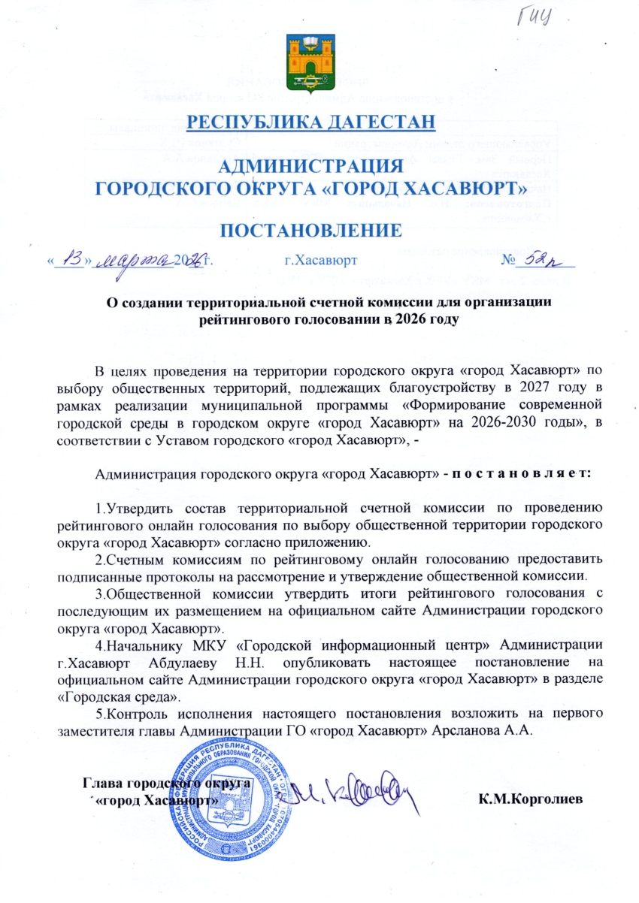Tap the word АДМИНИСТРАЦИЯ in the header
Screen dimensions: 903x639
tap(310, 166)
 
